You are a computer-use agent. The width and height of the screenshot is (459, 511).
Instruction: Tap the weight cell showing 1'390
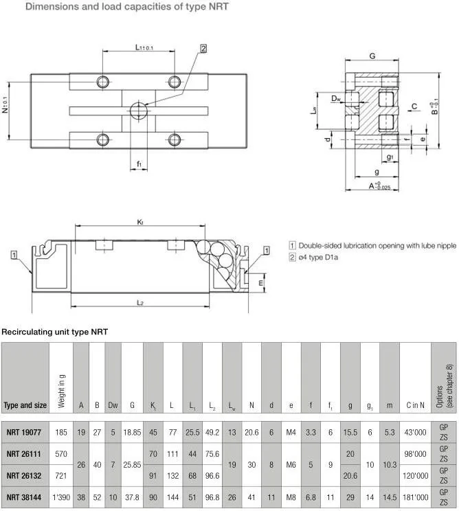(x=60, y=497)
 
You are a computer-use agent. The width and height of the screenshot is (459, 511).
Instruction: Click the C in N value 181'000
(x=414, y=497)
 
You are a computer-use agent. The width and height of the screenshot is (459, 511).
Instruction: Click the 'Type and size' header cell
(x=25, y=405)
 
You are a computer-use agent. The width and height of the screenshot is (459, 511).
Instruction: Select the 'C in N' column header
(x=414, y=405)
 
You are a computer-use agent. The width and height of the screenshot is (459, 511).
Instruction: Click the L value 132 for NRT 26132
(x=172, y=475)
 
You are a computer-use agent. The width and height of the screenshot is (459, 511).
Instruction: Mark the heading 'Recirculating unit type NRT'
(x=54, y=332)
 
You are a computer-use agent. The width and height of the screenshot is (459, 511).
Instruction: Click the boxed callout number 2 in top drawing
(x=204, y=48)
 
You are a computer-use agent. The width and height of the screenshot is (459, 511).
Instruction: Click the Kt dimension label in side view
(x=140, y=221)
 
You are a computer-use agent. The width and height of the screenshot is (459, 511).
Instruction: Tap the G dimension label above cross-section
(x=372, y=56)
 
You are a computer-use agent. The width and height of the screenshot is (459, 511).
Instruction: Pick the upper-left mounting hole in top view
(x=103, y=81)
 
